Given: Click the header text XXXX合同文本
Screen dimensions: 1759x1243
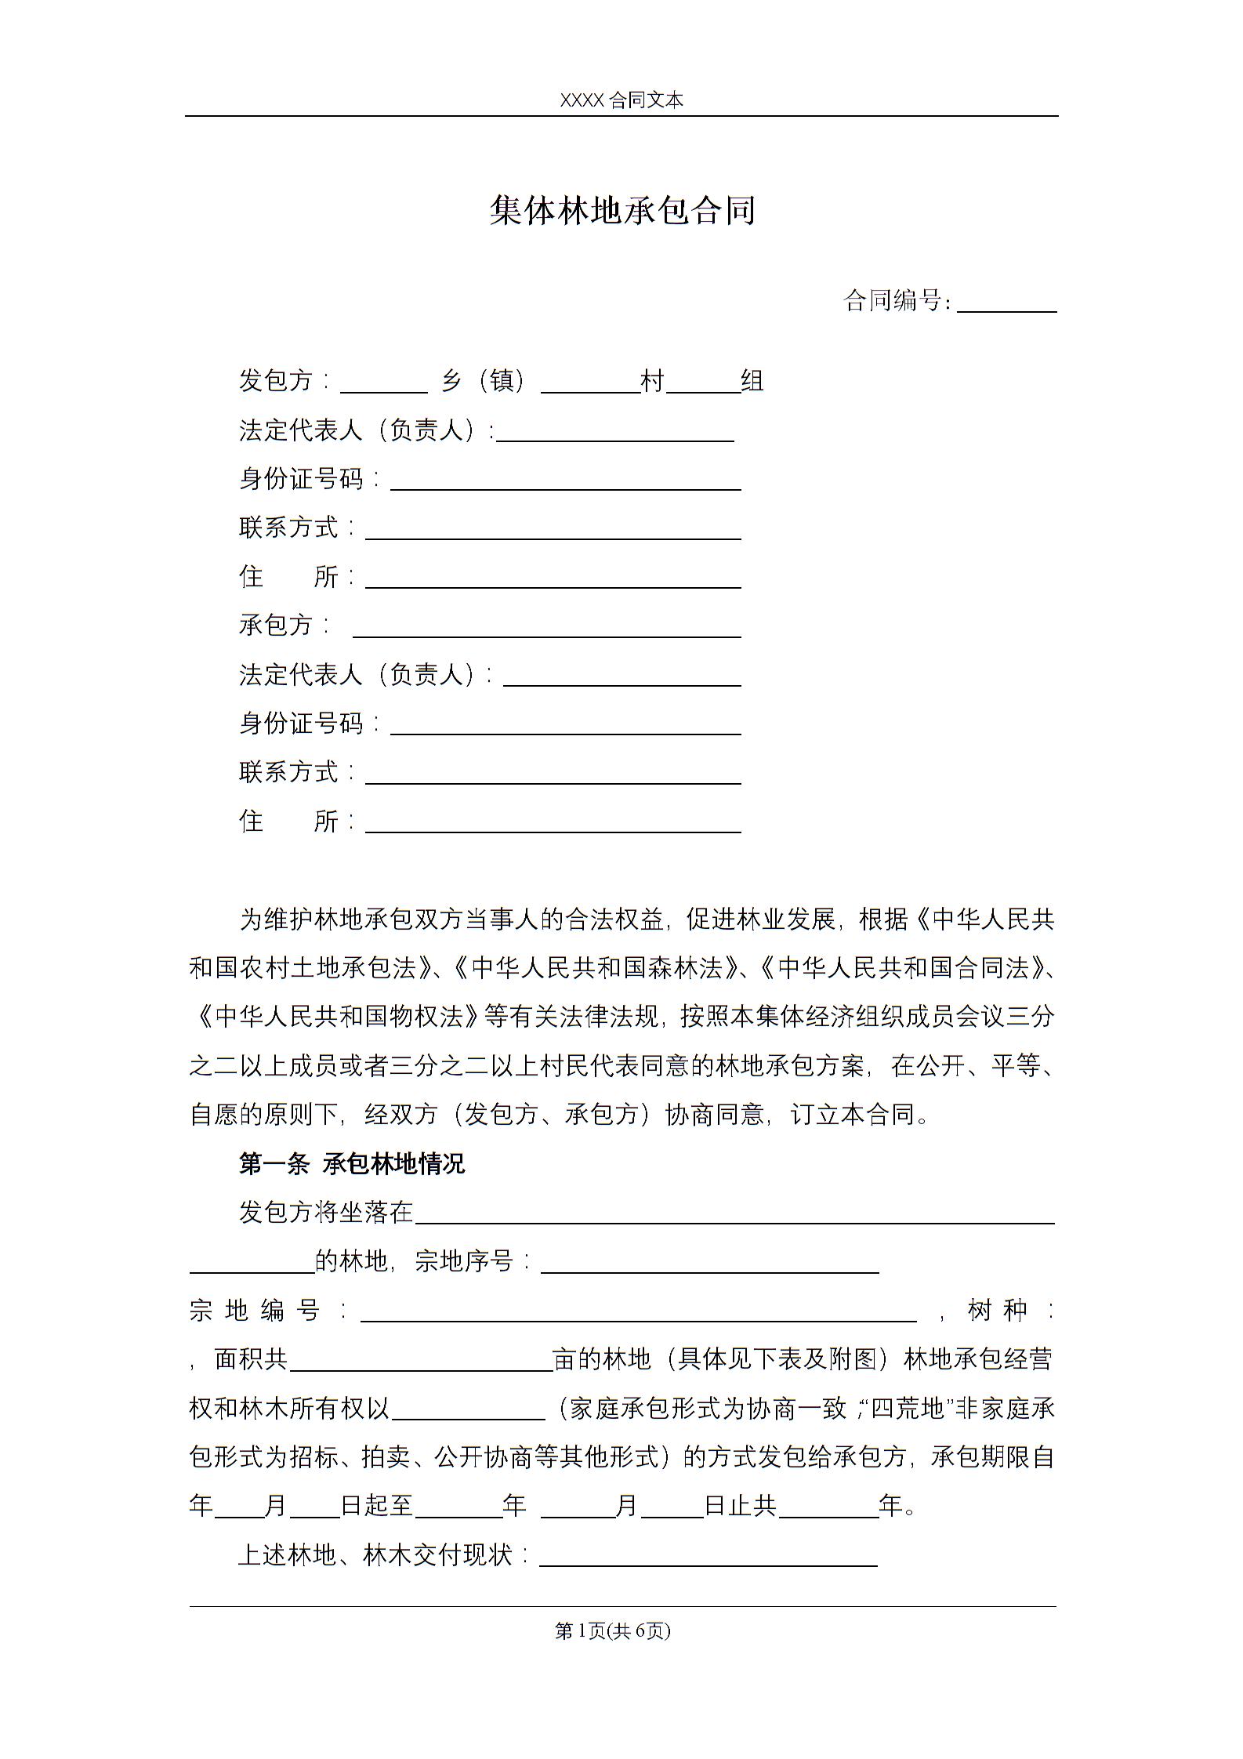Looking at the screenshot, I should click(621, 100).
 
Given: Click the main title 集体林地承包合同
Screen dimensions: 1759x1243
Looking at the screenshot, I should click(622, 211).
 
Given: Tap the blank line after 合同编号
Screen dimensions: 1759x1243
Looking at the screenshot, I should click(1006, 304).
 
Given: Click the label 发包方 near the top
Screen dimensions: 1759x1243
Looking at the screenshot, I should click(276, 381).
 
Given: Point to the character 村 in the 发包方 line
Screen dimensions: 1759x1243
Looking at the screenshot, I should click(653, 382).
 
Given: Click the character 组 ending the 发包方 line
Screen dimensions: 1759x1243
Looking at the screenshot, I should click(752, 382).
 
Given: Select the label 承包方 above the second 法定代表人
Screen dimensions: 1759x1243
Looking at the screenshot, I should click(276, 626).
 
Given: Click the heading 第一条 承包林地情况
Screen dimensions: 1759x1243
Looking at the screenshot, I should click(352, 1164).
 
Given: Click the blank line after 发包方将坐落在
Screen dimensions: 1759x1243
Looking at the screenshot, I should click(734, 1214).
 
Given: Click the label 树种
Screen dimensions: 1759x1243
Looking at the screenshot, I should click(997, 1310).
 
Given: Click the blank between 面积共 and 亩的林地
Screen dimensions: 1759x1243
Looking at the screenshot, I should click(422, 1362).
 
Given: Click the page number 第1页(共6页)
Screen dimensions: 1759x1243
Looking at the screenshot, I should click(613, 1630).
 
